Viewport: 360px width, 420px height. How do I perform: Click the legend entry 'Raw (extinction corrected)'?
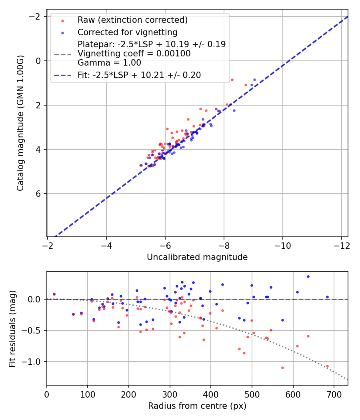tap(132, 20)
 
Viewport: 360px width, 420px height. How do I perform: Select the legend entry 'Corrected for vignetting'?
tap(127, 32)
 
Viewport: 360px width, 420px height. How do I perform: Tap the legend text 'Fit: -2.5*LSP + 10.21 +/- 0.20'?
tap(139, 75)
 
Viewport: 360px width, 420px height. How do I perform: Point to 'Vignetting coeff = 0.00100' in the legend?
tap(134, 53)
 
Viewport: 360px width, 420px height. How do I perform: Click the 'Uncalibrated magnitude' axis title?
tap(197, 257)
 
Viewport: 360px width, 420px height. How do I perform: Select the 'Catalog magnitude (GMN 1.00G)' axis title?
tap(21, 123)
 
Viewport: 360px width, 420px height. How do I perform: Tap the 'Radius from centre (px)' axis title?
tap(197, 406)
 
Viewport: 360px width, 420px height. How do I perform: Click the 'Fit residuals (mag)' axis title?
tap(13, 328)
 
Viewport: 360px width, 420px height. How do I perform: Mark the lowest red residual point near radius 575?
tap(282, 368)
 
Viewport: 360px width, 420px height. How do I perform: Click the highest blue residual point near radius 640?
tap(308, 276)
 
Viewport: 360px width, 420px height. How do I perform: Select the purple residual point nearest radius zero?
tap(54, 294)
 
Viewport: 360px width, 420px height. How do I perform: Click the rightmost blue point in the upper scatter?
tap(254, 80)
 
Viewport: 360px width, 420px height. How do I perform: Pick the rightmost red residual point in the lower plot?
tap(327, 366)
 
